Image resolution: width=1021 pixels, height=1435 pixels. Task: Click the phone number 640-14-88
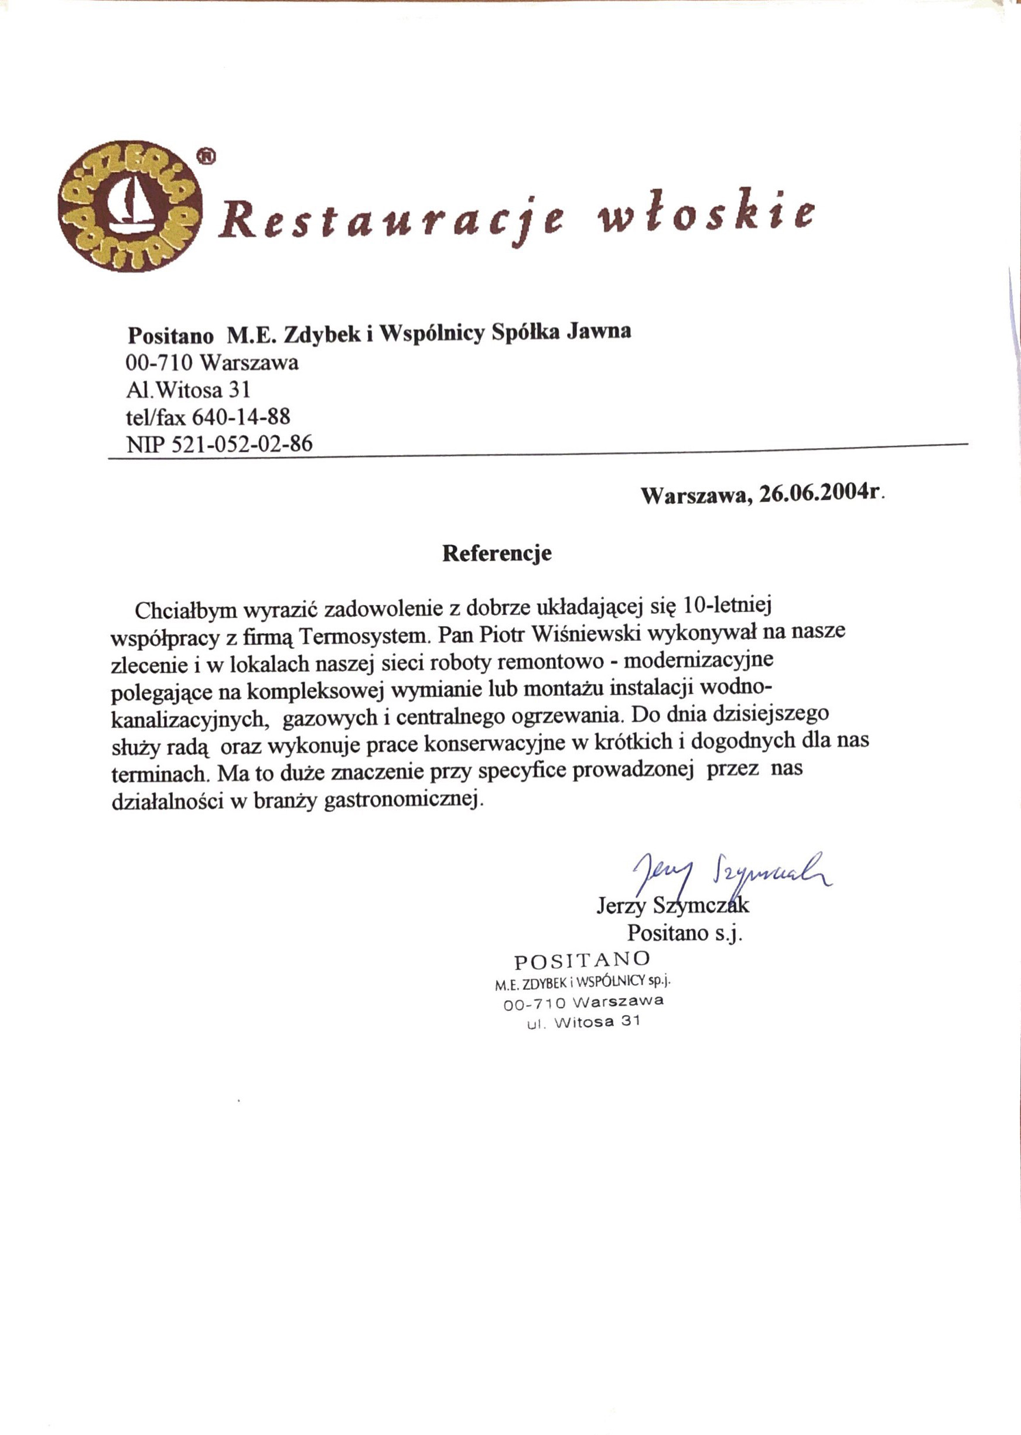click(241, 416)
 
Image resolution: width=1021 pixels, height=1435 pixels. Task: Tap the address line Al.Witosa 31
click(189, 389)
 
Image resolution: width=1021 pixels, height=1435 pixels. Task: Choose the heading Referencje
click(497, 553)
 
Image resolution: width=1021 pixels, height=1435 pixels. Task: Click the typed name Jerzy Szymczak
click(672, 905)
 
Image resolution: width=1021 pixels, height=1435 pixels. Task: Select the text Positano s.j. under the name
click(685, 933)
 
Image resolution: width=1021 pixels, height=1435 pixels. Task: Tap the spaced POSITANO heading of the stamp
click(582, 960)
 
